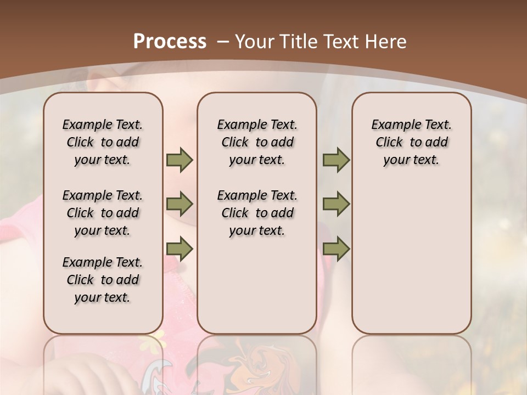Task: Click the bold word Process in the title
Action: pos(170,41)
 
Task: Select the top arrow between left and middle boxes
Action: pos(180,160)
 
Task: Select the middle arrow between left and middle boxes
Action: pos(180,205)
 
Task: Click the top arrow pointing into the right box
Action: pos(336,160)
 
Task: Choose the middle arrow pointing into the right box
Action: pos(336,205)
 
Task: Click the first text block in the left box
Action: pos(103,142)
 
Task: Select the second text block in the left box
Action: pos(103,213)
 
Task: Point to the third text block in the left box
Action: pos(103,280)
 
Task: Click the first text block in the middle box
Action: pos(257,142)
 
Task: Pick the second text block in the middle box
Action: pos(257,213)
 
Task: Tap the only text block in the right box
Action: pos(411,142)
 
